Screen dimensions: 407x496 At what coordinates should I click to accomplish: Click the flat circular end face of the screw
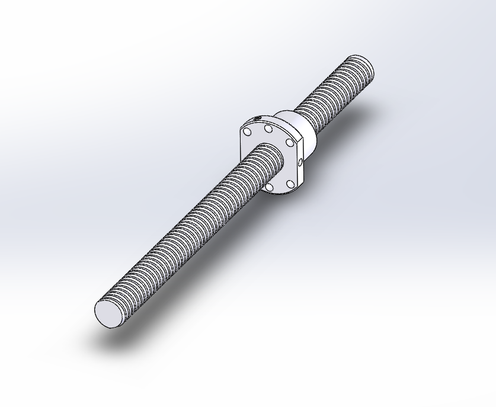click(x=108, y=313)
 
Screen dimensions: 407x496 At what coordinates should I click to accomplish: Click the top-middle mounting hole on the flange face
click(x=268, y=129)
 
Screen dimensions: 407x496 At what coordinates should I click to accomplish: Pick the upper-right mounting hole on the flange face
click(x=289, y=142)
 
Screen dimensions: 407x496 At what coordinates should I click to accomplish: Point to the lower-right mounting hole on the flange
click(x=290, y=184)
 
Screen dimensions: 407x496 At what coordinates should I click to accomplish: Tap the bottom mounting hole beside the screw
click(x=270, y=187)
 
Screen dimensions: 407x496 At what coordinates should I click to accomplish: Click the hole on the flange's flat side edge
click(x=300, y=161)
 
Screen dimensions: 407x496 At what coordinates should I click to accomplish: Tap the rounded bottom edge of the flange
click(x=279, y=193)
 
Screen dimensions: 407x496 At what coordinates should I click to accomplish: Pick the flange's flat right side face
click(x=300, y=172)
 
